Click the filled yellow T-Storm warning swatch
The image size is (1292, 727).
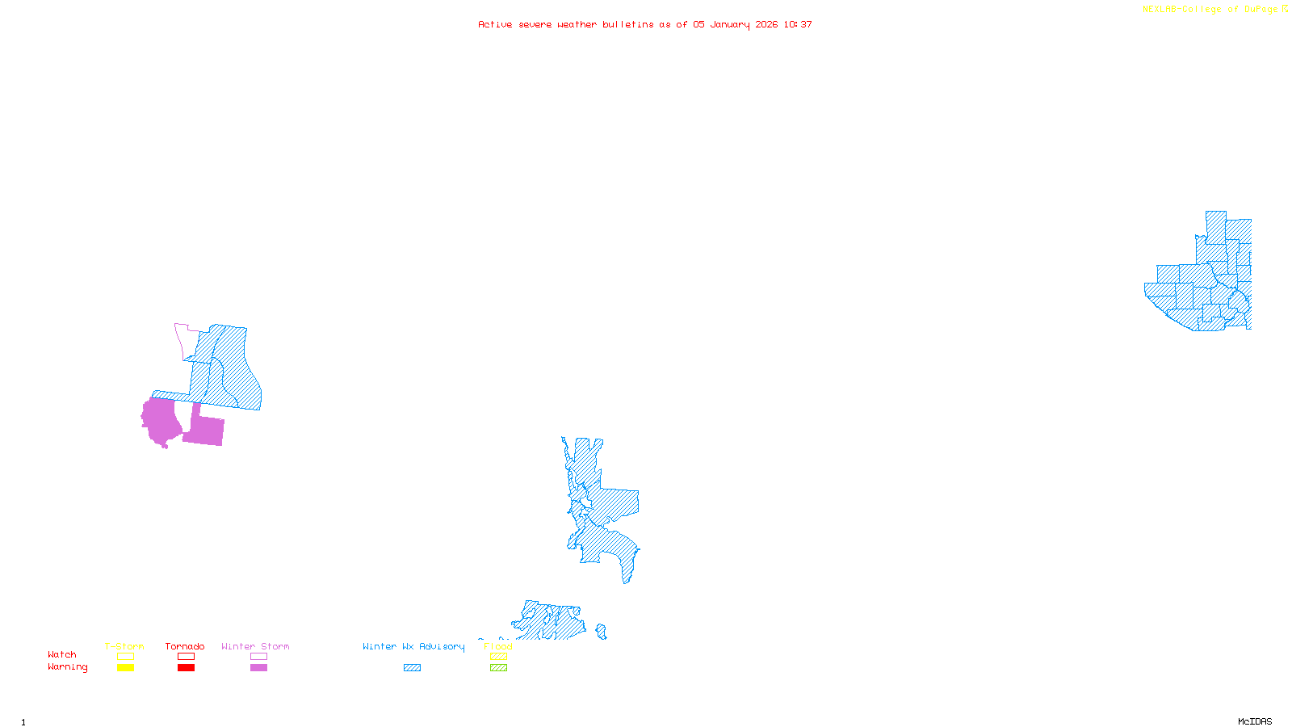pos(125,668)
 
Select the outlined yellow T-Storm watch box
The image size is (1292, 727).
pos(125,657)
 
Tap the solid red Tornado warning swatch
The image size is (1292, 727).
pos(186,668)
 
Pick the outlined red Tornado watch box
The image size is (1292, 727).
pos(186,657)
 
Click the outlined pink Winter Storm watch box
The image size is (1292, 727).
pos(258,657)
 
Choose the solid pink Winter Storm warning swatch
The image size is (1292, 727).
pos(258,668)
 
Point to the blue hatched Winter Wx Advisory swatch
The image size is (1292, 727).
pos(412,668)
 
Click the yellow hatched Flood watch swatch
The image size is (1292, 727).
pos(498,657)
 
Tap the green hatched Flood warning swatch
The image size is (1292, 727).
pos(498,668)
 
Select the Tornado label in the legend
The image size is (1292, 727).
pos(185,646)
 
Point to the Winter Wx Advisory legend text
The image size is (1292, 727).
pos(413,646)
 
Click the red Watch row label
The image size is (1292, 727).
pos(62,654)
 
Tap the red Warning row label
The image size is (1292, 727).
pos(67,667)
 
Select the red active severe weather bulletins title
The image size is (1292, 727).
pos(645,24)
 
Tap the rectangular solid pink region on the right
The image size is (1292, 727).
pos(205,430)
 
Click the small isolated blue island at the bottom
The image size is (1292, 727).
pos(602,631)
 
